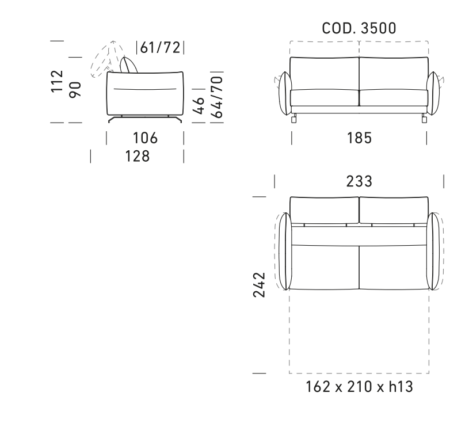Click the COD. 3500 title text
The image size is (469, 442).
(359, 28)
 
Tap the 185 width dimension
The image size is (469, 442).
(359, 138)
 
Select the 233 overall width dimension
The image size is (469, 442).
(359, 181)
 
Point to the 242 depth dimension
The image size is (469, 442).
(259, 285)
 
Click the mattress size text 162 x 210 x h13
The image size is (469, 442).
(359, 386)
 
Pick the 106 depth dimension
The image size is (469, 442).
(145, 138)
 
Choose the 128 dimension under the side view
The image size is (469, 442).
(138, 157)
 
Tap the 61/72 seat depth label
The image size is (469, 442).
(161, 48)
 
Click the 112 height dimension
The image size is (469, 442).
(57, 81)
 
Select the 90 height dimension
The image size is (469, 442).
(75, 89)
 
